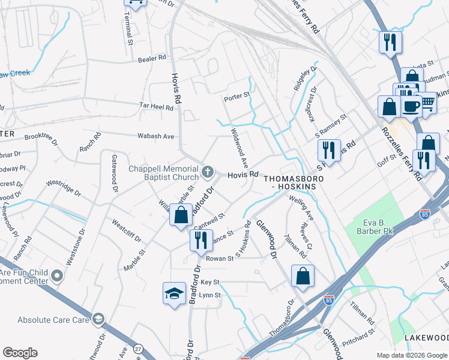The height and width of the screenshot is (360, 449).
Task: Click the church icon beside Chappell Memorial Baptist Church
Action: (x=208, y=173)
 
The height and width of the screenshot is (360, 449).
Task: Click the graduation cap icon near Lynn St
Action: (x=174, y=293)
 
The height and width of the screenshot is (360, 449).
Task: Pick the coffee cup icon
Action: (x=411, y=106)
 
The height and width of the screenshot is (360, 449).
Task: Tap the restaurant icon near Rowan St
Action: (x=200, y=240)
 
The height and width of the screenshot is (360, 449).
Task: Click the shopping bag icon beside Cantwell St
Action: (x=181, y=215)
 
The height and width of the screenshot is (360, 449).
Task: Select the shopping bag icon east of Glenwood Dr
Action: (x=303, y=276)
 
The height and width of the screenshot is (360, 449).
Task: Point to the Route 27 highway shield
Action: (x=139, y=349)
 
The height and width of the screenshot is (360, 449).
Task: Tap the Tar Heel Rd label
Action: (x=156, y=107)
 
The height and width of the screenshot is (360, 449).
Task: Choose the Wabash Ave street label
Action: (x=155, y=136)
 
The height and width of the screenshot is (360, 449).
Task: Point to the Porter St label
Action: (x=236, y=96)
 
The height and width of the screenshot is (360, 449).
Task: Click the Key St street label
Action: (x=210, y=281)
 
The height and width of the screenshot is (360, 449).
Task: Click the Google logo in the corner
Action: (x=20, y=353)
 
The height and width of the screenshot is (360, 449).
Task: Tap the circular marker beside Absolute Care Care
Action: (x=98, y=319)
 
